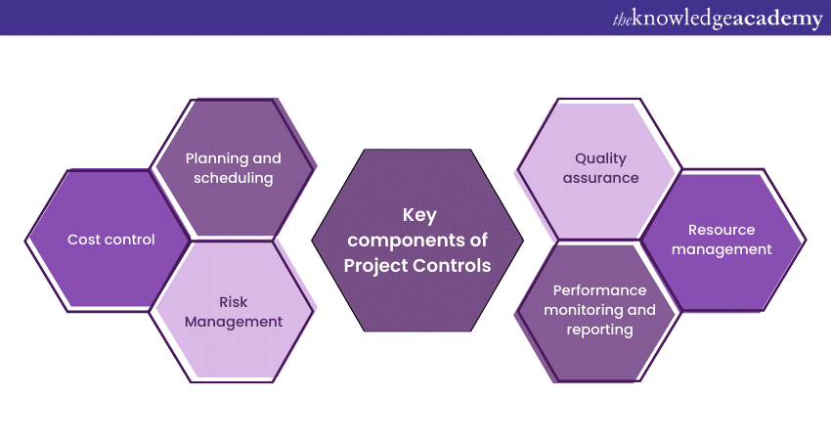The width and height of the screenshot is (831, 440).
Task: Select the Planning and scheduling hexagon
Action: [x=234, y=168]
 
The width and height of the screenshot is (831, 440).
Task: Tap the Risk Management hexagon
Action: [x=234, y=311]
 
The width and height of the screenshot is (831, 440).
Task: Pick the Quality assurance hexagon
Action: [x=600, y=168]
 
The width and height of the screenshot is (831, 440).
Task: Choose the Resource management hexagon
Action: [x=722, y=240]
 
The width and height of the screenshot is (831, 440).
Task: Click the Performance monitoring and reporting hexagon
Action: [x=599, y=310]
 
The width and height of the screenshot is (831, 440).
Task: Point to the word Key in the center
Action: [x=418, y=216]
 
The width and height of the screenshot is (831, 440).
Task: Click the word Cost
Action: [x=84, y=240]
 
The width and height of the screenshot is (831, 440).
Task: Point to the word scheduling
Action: [x=234, y=179]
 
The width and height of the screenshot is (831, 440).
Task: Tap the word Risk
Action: [x=234, y=300]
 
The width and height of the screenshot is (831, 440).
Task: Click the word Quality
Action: [x=600, y=157]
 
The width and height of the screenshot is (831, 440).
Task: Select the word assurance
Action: [x=600, y=179]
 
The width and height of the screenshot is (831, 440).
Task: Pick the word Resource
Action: [x=722, y=230]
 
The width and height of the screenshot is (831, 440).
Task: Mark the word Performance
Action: [x=599, y=289]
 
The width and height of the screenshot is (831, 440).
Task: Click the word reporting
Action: [x=599, y=330]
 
